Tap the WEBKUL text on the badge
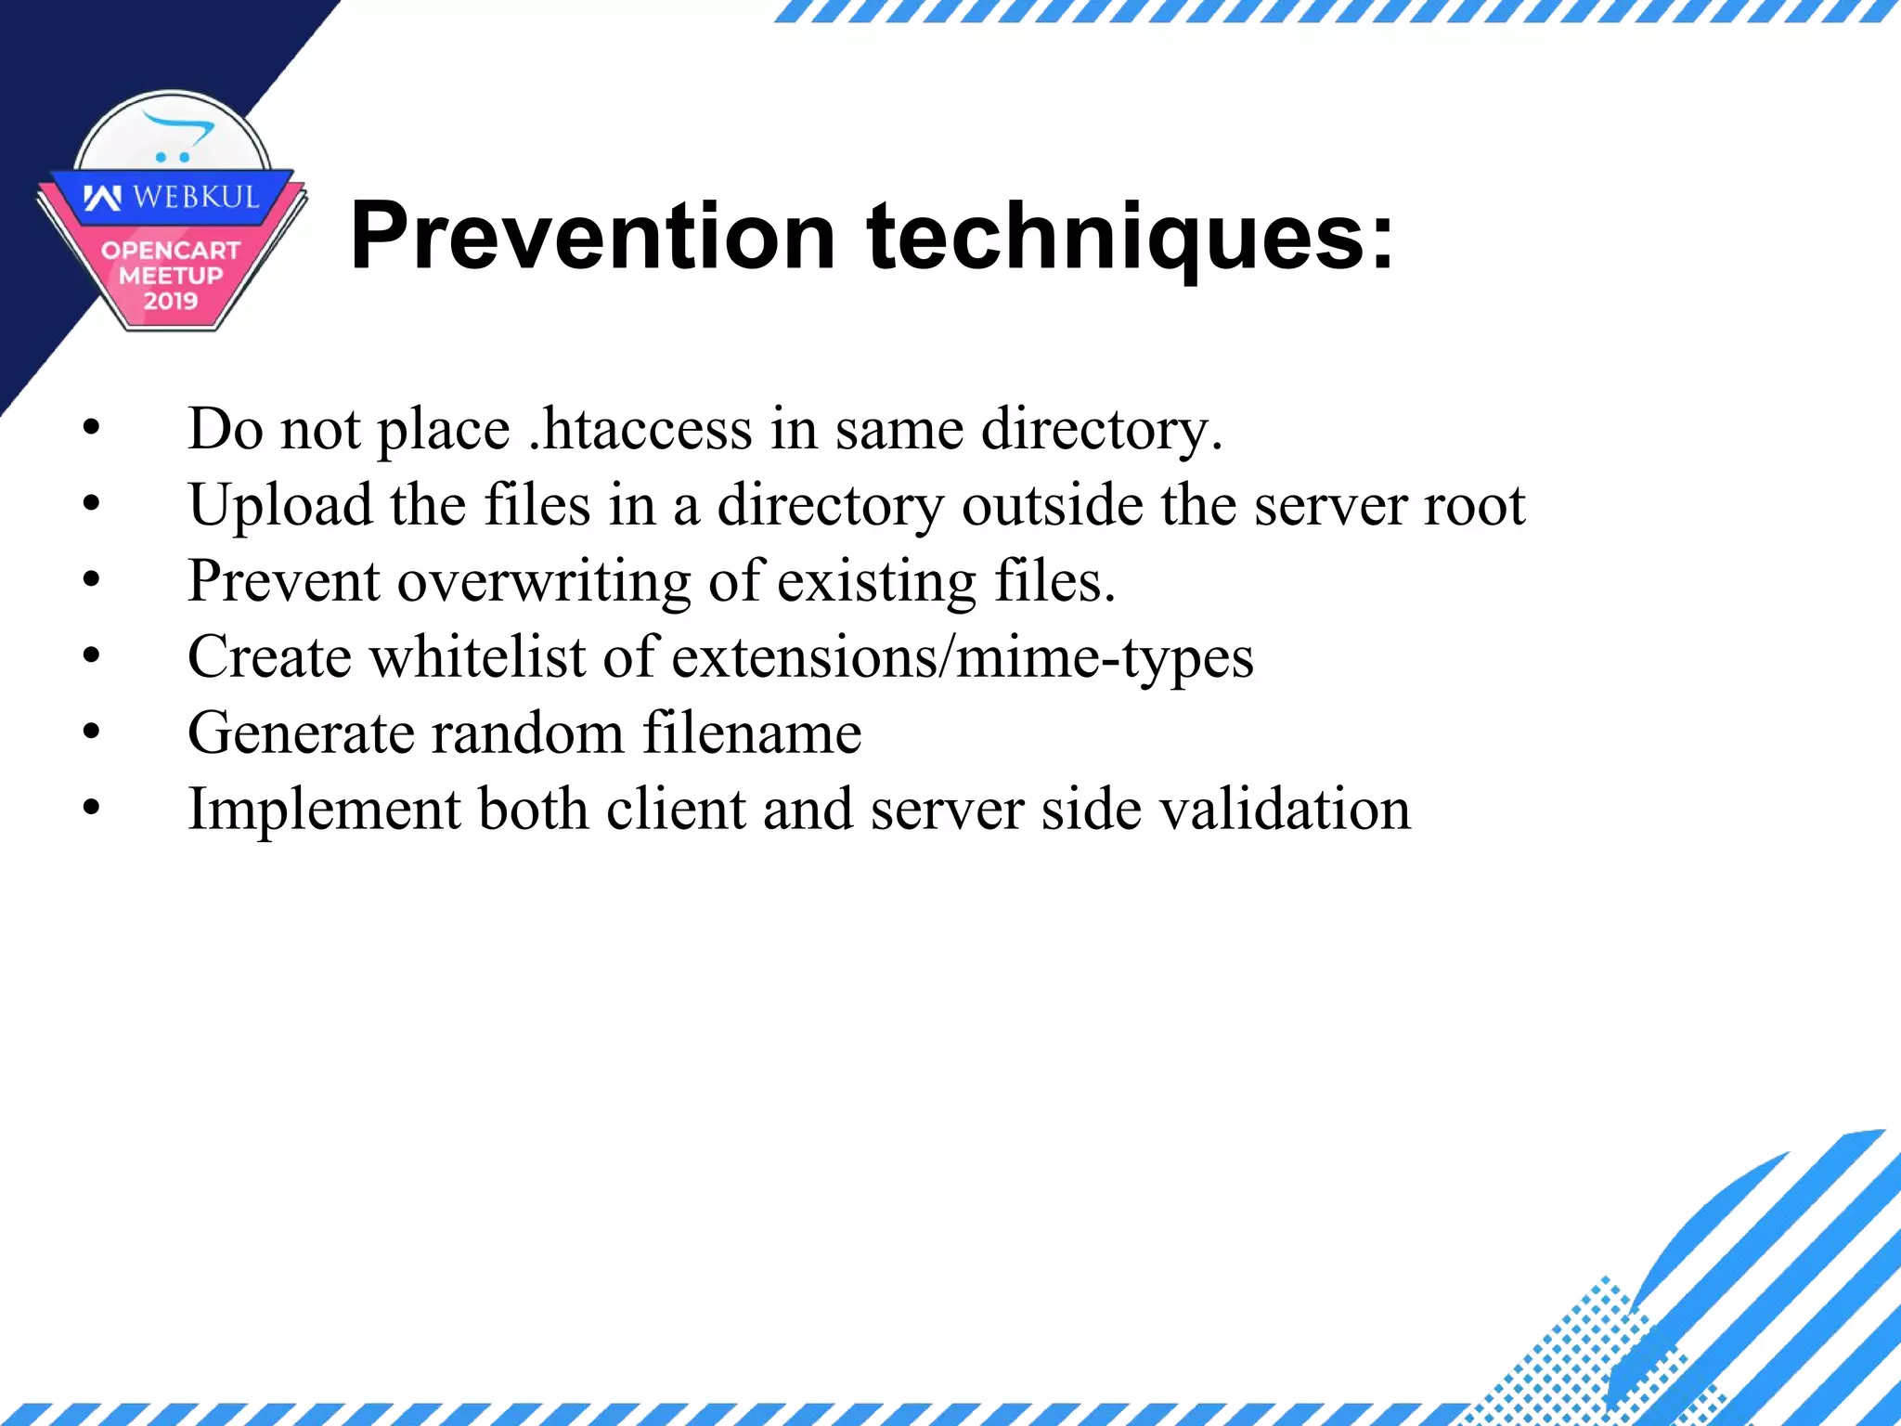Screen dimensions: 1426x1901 coord(195,197)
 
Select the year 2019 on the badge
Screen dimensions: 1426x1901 coord(171,301)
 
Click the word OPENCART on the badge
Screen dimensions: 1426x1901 coord(171,251)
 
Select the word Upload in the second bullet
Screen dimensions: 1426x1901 coord(279,507)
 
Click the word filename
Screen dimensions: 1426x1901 coord(752,733)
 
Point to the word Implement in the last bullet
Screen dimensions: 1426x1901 coord(324,810)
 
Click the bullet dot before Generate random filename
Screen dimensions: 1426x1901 coord(91,732)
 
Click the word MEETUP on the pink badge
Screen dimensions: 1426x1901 coord(171,276)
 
